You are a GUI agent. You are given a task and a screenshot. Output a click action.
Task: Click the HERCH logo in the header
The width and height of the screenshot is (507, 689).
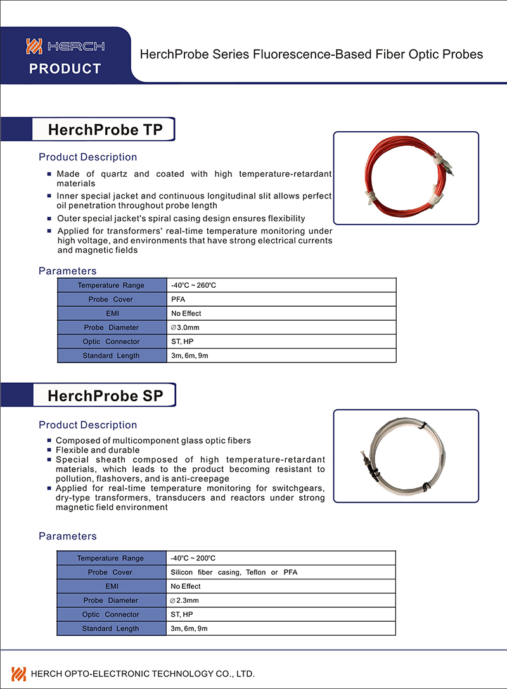pyautogui.click(x=65, y=46)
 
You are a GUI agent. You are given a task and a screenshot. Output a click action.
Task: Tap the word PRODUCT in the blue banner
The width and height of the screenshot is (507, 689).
pyautogui.click(x=65, y=68)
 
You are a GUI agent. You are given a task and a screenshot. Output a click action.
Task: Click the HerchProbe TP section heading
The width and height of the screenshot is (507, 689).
pyautogui.click(x=105, y=130)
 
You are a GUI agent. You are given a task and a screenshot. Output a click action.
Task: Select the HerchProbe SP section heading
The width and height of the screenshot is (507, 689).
pyautogui.click(x=105, y=396)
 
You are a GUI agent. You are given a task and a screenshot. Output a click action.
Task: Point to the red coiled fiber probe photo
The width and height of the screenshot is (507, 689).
pyautogui.click(x=406, y=178)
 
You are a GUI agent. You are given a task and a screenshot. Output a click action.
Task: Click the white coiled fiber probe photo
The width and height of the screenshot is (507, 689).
pyautogui.click(x=406, y=456)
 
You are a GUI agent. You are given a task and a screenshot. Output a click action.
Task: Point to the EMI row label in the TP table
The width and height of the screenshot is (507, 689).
pyautogui.click(x=112, y=313)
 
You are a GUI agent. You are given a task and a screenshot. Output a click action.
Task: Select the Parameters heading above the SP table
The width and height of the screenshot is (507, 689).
pyautogui.click(x=68, y=536)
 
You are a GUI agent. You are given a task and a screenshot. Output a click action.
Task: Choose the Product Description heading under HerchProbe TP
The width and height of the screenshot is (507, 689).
pyautogui.click(x=87, y=157)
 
